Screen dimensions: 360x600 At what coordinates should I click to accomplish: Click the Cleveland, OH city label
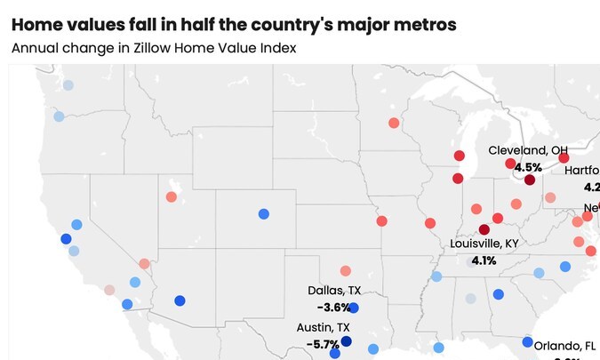pos(527,150)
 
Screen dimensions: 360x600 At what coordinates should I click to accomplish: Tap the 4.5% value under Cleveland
pos(528,167)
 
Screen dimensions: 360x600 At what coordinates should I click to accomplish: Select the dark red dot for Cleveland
pos(530,180)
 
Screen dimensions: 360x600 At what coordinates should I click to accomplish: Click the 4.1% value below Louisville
pos(484,260)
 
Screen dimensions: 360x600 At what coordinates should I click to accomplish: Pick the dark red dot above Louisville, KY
pos(484,229)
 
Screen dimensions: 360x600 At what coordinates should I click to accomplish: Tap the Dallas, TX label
pos(334,291)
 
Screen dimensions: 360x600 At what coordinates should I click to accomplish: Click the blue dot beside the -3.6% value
pos(354,308)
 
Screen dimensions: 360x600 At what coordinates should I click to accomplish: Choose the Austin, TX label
pos(323,327)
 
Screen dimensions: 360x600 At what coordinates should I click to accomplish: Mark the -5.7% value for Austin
pos(322,343)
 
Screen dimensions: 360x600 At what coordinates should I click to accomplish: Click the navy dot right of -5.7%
pos(346,342)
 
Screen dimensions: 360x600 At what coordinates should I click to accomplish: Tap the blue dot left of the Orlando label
pos(527,342)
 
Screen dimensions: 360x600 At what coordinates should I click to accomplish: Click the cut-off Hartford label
pos(581,171)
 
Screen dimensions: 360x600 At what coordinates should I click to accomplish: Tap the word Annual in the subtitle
pos(35,48)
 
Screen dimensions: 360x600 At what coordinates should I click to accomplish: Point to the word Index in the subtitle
pos(278,48)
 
